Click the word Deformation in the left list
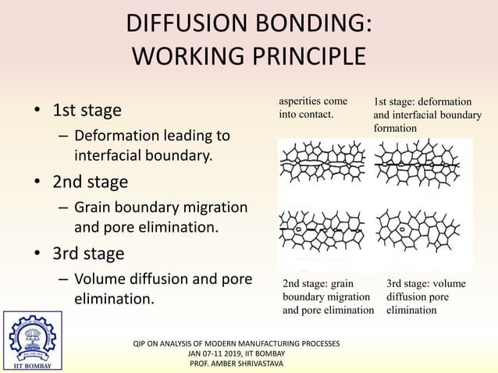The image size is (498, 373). pyautogui.click(x=119, y=136)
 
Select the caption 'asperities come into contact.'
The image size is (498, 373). pyautogui.click(x=313, y=108)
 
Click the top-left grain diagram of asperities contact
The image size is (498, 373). pyautogui.click(x=324, y=164)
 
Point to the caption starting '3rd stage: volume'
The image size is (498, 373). pyautogui.click(x=425, y=297)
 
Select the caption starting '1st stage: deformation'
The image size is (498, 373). pyautogui.click(x=427, y=114)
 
